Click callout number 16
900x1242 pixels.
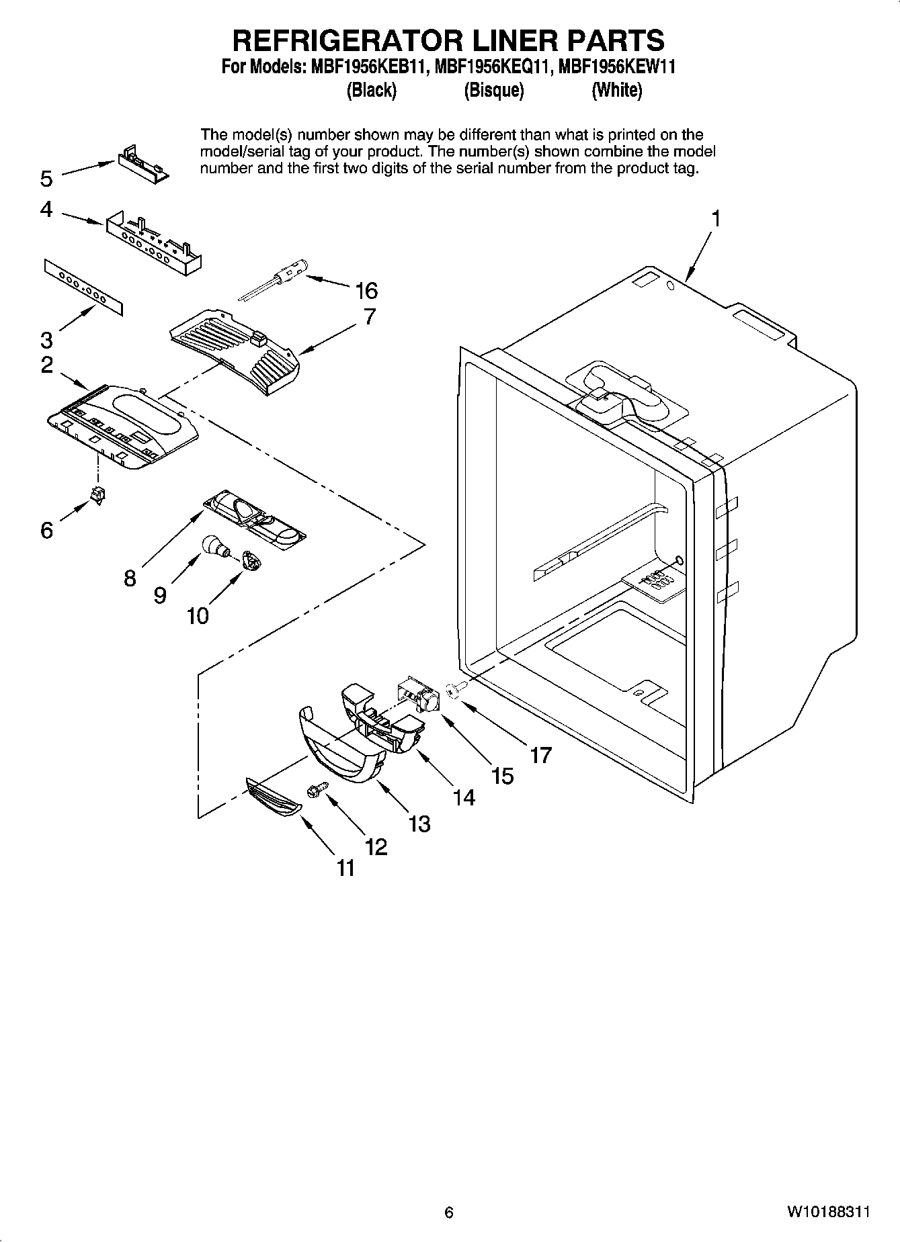(x=366, y=291)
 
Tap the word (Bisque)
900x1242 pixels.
(x=493, y=90)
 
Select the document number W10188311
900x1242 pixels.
(x=829, y=1212)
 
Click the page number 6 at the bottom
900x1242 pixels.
(x=449, y=1212)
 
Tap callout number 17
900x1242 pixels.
(x=540, y=755)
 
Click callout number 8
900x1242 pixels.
(x=130, y=578)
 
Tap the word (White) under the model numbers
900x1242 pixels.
(x=616, y=90)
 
